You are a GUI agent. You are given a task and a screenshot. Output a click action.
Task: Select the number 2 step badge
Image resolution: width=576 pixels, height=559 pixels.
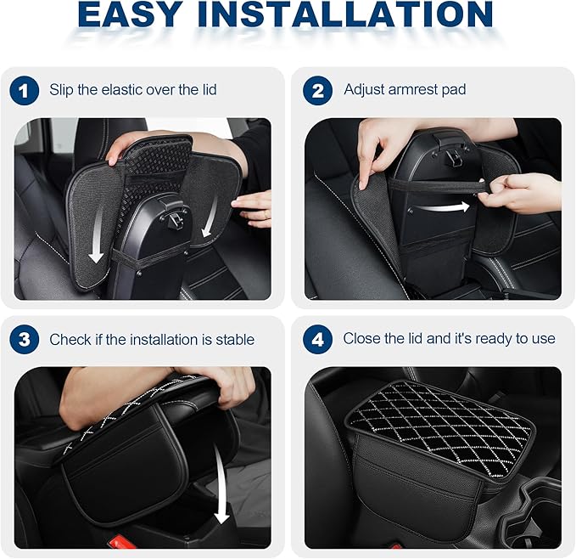318,91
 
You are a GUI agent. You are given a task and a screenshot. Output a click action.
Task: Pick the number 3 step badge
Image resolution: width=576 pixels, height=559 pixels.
25,340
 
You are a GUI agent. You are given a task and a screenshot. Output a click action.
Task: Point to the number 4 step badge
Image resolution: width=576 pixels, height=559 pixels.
318,340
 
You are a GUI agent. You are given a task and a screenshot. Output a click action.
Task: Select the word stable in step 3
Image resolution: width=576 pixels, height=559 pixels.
232,340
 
